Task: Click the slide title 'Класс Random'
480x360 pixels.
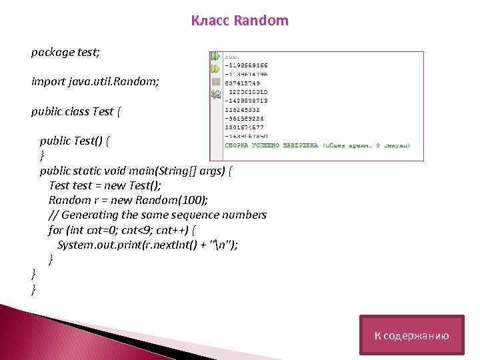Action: tap(240, 21)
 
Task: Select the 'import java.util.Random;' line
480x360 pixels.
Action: tap(95, 81)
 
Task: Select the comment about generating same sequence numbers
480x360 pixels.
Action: tap(157, 215)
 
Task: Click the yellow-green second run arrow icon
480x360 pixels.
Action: tap(216, 69)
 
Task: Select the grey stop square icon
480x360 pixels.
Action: tap(216, 82)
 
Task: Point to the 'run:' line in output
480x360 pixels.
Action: tap(234, 58)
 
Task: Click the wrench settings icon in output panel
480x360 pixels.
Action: tap(216, 95)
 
